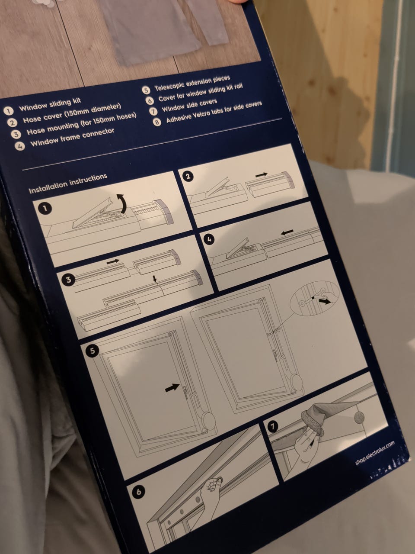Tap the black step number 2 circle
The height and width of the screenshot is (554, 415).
coord(188,176)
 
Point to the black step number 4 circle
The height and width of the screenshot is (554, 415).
coord(209,239)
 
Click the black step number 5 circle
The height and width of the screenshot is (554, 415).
coord(92,351)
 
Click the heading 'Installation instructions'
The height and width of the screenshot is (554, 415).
coord(68,184)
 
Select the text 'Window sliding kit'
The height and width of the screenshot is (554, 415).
coord(50,104)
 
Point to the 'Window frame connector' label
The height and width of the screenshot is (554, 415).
coord(72,137)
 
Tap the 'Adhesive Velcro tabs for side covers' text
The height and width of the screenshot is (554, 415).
coord(214,112)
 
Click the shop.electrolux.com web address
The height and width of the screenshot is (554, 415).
coord(375,453)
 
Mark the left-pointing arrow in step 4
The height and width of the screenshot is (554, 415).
coord(287,232)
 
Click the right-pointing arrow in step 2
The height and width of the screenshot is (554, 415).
coord(261,175)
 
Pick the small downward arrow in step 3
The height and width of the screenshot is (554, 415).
coord(155,279)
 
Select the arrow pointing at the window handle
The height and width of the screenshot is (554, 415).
coord(172,388)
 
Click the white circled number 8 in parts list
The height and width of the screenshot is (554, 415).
coord(157,122)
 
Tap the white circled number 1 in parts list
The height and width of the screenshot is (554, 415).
coord(8,111)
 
